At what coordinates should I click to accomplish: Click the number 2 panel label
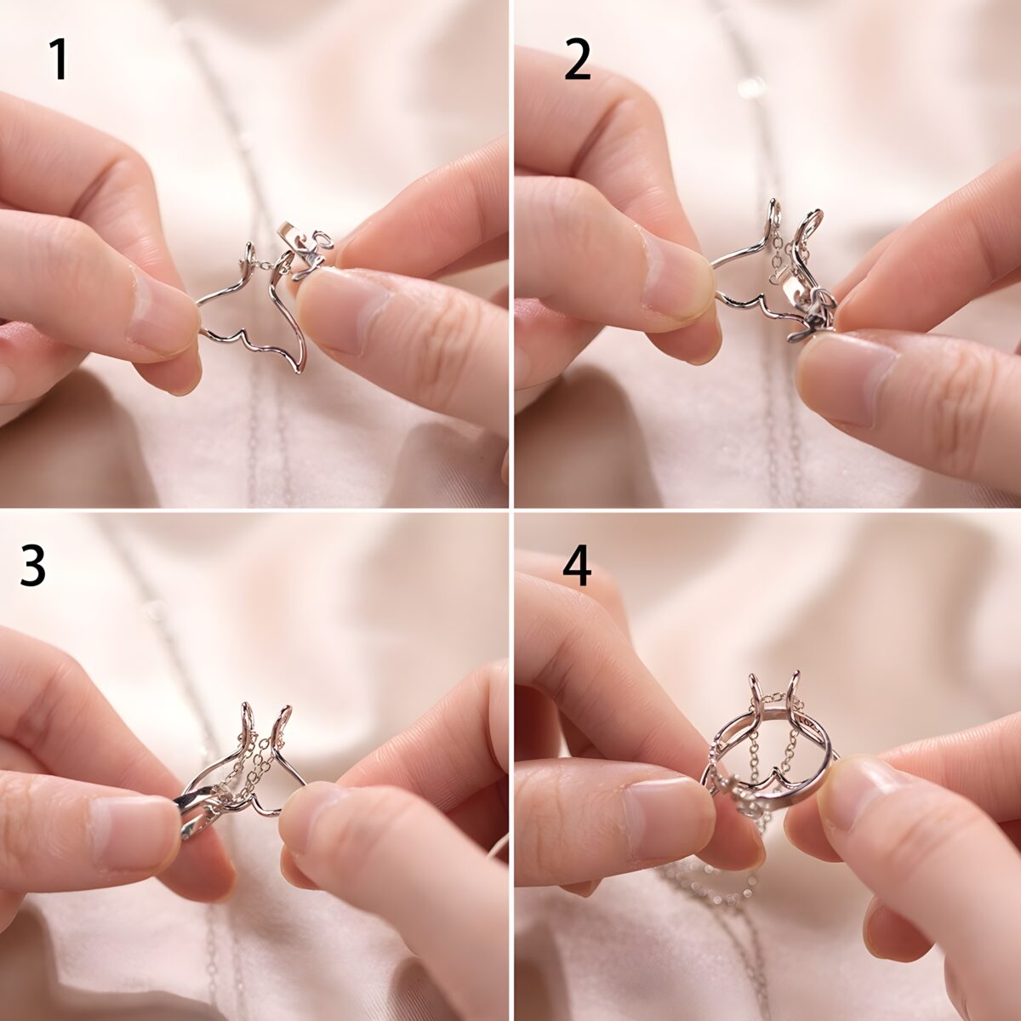(577, 61)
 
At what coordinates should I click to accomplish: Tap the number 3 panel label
(33, 566)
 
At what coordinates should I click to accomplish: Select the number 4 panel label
(577, 566)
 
